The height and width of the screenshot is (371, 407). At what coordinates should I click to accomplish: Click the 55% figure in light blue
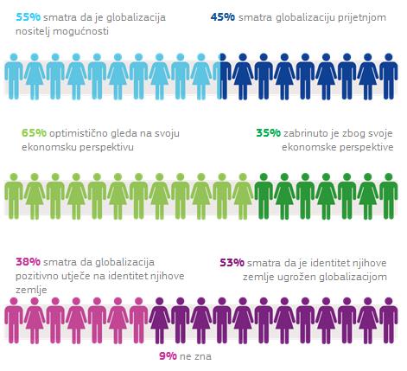coord(29,17)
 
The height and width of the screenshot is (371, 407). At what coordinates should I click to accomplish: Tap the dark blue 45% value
coord(223,17)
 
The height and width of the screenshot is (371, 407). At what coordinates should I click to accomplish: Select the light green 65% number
coord(34,133)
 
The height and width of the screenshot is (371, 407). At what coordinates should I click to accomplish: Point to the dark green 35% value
coord(269,133)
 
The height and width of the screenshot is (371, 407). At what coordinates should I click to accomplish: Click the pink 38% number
coord(28,262)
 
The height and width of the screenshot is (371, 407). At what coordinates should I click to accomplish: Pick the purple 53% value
coord(232,263)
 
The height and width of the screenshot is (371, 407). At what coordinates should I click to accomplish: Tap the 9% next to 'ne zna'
coord(168,356)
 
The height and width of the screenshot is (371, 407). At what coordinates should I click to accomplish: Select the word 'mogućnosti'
coord(80,31)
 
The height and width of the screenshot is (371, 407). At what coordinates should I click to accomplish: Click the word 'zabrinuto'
coord(303,133)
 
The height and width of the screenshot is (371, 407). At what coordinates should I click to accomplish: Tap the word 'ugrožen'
coord(297,278)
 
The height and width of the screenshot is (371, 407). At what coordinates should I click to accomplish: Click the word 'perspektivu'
coord(106,148)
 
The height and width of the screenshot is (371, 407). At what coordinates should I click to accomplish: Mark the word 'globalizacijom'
coord(353,278)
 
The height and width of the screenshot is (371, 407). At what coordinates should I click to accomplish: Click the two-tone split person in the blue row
coord(222,76)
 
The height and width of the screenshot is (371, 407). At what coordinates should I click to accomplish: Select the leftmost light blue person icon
coord(14,76)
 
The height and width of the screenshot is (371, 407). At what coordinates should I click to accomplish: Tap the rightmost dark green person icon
coord(389,196)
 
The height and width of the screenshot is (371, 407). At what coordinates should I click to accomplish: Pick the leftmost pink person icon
coord(14,321)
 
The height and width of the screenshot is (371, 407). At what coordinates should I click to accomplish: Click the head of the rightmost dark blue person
coord(389,57)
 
